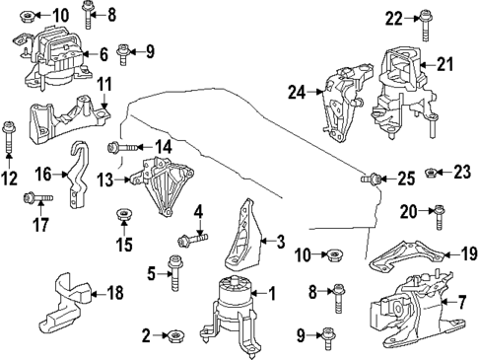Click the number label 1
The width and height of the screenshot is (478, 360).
pyautogui.click(x=273, y=294)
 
